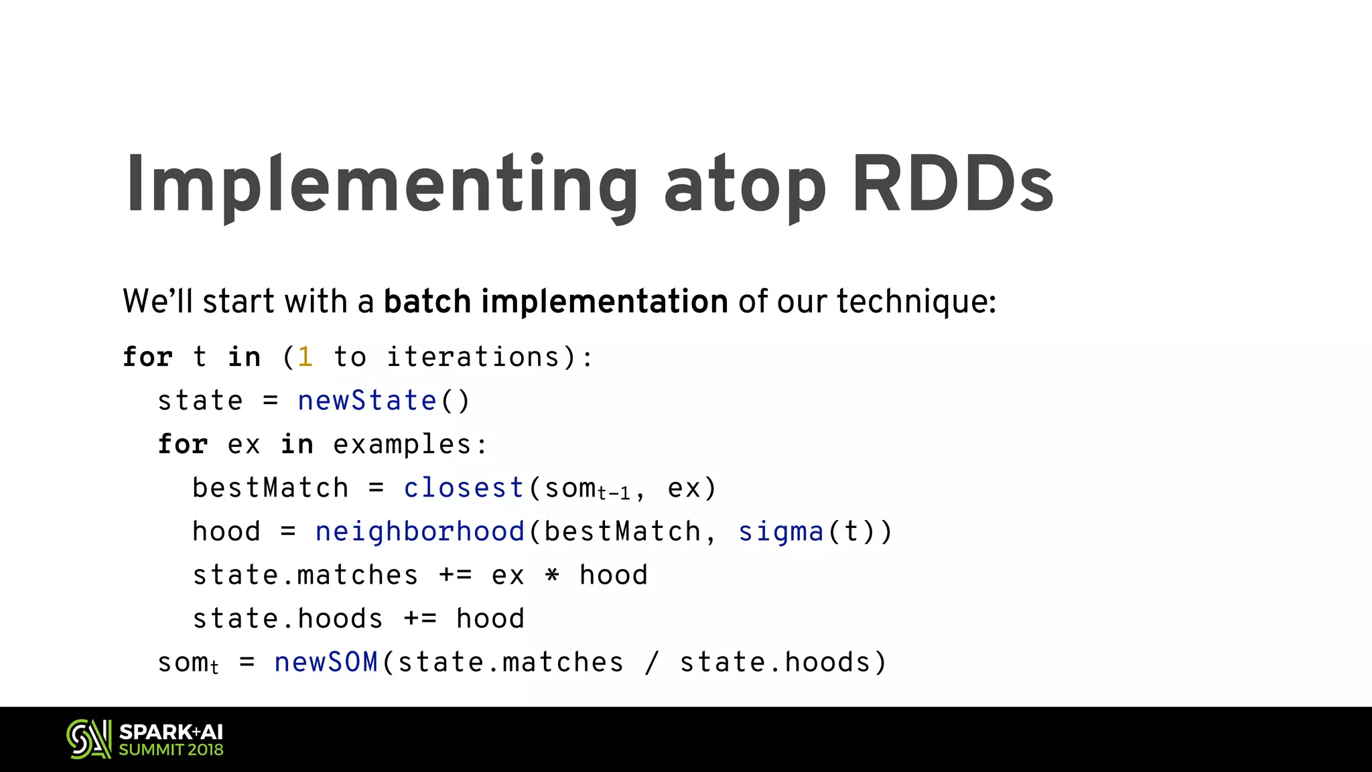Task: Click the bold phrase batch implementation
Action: tap(555, 302)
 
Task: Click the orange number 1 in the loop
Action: tap(305, 357)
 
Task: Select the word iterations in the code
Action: tap(473, 357)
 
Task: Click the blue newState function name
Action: tap(367, 401)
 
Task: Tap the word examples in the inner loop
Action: tap(402, 445)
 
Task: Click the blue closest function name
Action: tap(464, 488)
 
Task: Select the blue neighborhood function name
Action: tap(420, 532)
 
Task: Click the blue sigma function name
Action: tap(780, 532)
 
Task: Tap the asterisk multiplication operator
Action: tap(552, 575)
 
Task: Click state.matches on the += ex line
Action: tap(305, 575)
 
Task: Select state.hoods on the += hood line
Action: tap(287, 619)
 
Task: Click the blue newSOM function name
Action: tap(326, 662)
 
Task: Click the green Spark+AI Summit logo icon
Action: tap(89, 739)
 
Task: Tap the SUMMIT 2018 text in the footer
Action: tap(171, 750)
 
